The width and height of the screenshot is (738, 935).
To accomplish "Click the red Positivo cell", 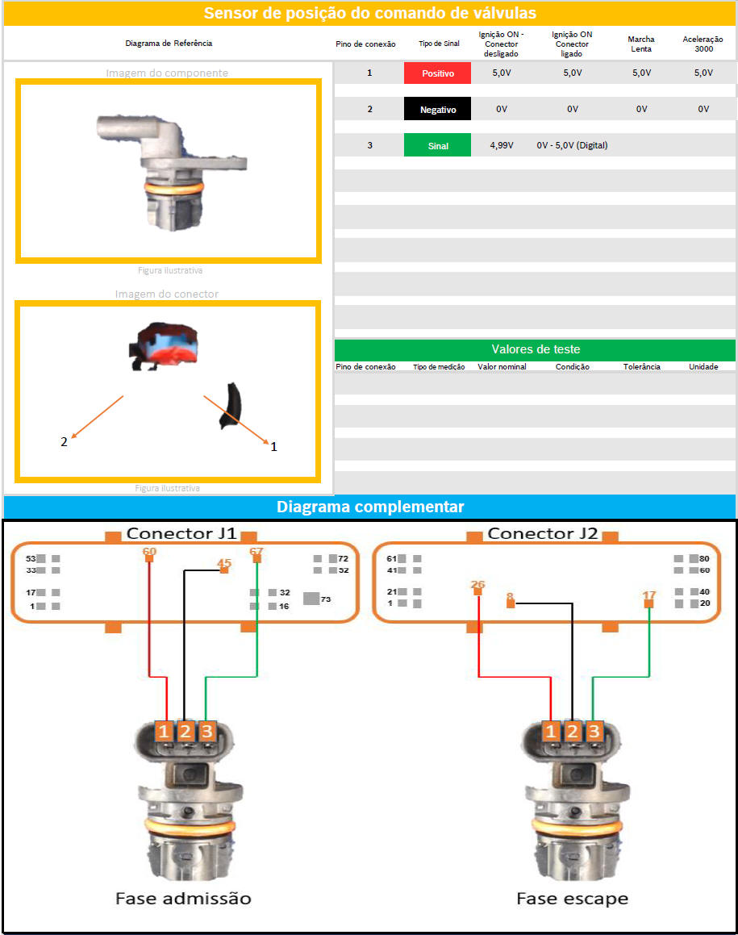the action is [437, 73].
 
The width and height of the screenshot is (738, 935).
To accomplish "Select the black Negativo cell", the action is [437, 109].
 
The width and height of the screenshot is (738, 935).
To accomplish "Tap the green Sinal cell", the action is [437, 145].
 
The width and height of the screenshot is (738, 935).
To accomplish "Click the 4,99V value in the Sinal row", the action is [502, 145].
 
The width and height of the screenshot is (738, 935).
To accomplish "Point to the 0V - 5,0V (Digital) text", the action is [572, 145].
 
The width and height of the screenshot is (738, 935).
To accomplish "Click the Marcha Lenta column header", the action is [641, 44].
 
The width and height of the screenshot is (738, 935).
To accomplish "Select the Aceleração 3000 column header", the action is [703, 44].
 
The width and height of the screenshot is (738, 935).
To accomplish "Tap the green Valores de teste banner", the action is [535, 349].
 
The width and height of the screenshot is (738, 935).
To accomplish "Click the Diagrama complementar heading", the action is [370, 507].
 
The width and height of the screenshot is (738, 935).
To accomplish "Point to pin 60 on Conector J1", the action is [149, 558].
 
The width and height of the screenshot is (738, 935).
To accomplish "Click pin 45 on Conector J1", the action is [224, 570].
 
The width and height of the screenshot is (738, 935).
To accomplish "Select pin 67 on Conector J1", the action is [257, 558].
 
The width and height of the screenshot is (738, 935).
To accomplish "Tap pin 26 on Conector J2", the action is [477, 591].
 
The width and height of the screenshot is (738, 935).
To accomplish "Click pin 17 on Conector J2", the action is [648, 603].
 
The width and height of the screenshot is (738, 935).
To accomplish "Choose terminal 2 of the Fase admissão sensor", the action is [186, 731].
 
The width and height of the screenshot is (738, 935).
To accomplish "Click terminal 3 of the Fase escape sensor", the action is [594, 731].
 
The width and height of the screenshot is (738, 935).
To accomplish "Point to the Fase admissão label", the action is [183, 899].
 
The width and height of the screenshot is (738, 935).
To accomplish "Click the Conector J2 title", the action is [543, 534].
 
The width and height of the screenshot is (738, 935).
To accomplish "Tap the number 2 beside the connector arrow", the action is [64, 442].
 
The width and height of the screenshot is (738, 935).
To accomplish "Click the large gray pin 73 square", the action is [311, 598].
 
